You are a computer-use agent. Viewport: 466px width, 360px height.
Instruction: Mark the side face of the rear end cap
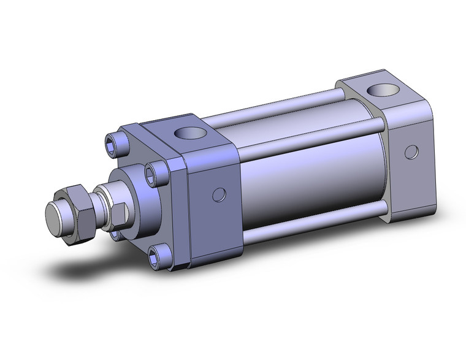(x=408, y=166)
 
